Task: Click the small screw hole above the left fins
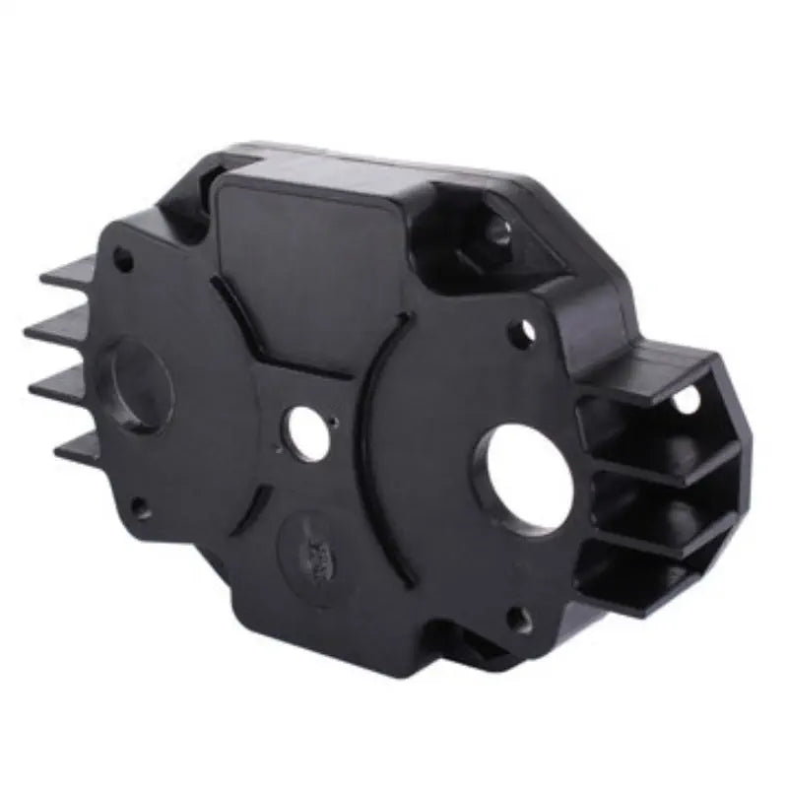[x=122, y=260]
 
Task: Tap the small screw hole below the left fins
[x=142, y=508]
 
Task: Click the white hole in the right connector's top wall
[x=686, y=399]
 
